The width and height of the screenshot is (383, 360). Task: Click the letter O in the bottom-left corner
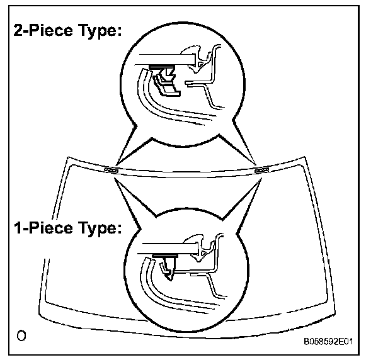21,335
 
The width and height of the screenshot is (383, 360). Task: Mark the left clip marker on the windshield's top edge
111,169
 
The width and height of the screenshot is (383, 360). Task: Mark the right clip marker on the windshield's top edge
260,169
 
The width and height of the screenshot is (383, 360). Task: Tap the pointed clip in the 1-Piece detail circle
168,265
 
